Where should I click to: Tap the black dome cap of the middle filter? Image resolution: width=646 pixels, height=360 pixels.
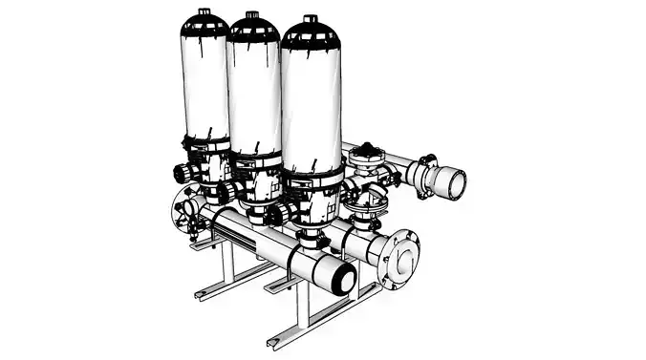(252, 30)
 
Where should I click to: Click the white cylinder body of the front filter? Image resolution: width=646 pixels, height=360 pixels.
(310, 105)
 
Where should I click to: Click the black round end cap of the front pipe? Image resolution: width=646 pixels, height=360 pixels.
(342, 280)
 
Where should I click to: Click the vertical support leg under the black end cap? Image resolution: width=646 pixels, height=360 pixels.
(303, 301)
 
